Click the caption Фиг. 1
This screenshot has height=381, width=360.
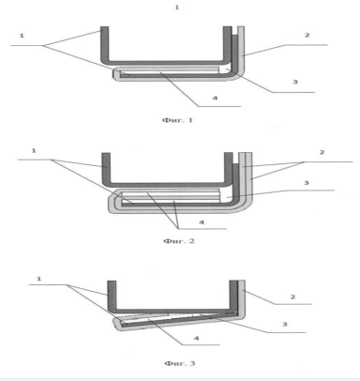[177, 120]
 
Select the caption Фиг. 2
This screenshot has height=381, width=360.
[179, 241]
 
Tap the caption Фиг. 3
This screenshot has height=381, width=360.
[180, 363]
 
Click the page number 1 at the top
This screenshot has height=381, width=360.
[177, 8]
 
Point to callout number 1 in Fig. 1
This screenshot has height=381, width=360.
[22, 36]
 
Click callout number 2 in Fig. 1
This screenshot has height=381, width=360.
[307, 35]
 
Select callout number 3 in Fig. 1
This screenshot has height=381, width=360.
[295, 82]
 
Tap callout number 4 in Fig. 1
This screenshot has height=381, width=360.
[215, 98]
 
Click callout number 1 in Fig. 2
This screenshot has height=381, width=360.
[34, 151]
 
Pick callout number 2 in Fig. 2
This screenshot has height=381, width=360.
[322, 152]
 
